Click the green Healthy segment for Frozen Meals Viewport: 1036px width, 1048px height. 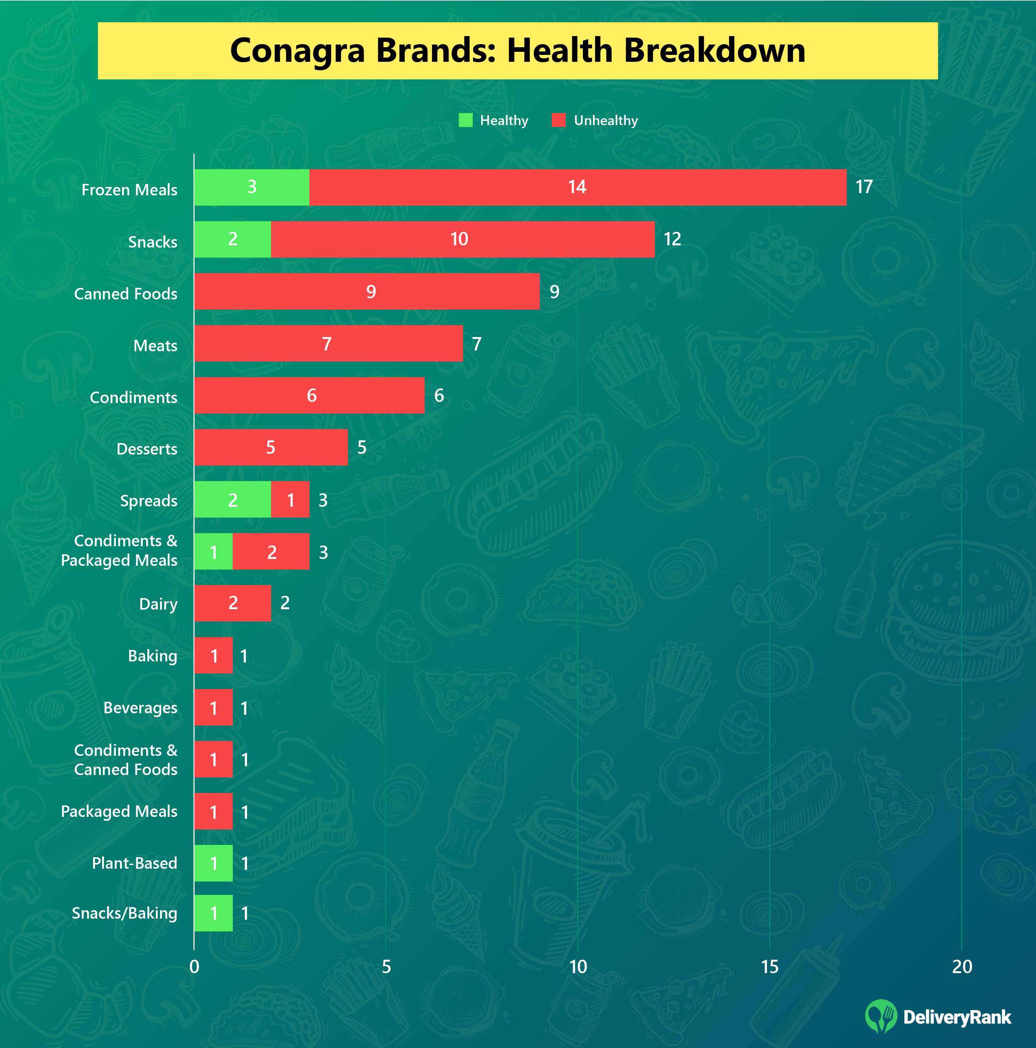tap(252, 187)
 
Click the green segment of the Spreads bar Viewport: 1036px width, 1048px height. tap(232, 499)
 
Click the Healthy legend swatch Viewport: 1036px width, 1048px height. tap(465, 120)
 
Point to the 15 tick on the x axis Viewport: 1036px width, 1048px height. tap(769, 966)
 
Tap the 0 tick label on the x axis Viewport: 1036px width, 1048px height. tap(194, 966)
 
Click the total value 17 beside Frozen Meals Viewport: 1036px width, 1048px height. tap(864, 187)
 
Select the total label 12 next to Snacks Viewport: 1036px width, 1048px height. tap(672, 239)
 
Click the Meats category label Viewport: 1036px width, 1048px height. tap(155, 345)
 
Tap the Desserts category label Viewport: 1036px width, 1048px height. tap(147, 449)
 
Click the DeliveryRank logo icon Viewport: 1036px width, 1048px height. tap(881, 1016)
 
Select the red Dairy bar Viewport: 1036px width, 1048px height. tap(232, 603)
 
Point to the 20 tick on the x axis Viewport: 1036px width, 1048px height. tap(962, 966)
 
